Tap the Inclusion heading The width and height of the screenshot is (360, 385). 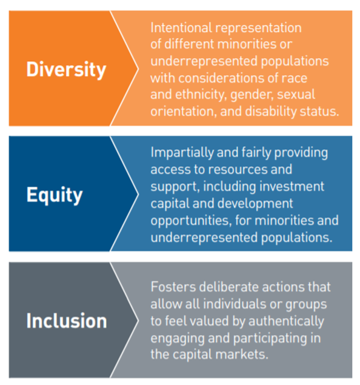pos(66,320)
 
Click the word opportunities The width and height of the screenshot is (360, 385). pos(190,220)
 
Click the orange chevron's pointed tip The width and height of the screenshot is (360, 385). pos(138,68)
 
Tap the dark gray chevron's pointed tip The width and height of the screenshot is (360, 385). pos(138,320)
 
